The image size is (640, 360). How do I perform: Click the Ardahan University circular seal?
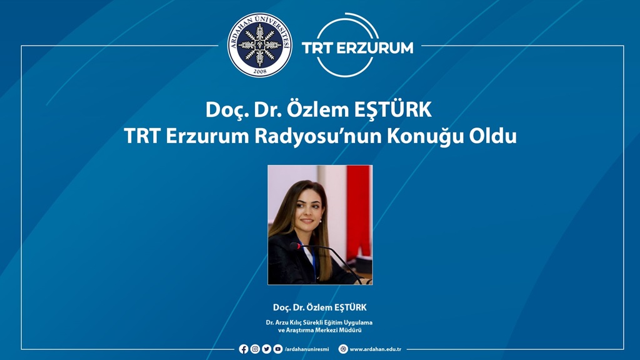259,45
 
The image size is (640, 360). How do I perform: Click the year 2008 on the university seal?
259,71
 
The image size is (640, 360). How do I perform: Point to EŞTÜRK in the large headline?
392,109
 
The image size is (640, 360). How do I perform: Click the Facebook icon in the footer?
244,349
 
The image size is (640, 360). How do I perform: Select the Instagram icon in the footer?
255,349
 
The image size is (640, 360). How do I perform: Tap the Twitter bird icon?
266,349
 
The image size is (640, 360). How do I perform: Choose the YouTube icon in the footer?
278,349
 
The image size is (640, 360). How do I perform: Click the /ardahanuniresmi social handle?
306,349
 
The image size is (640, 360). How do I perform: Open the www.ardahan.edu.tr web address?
376,349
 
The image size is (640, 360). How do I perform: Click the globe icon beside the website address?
343,349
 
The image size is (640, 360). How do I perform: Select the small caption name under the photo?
320,307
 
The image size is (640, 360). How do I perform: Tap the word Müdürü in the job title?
351,330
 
